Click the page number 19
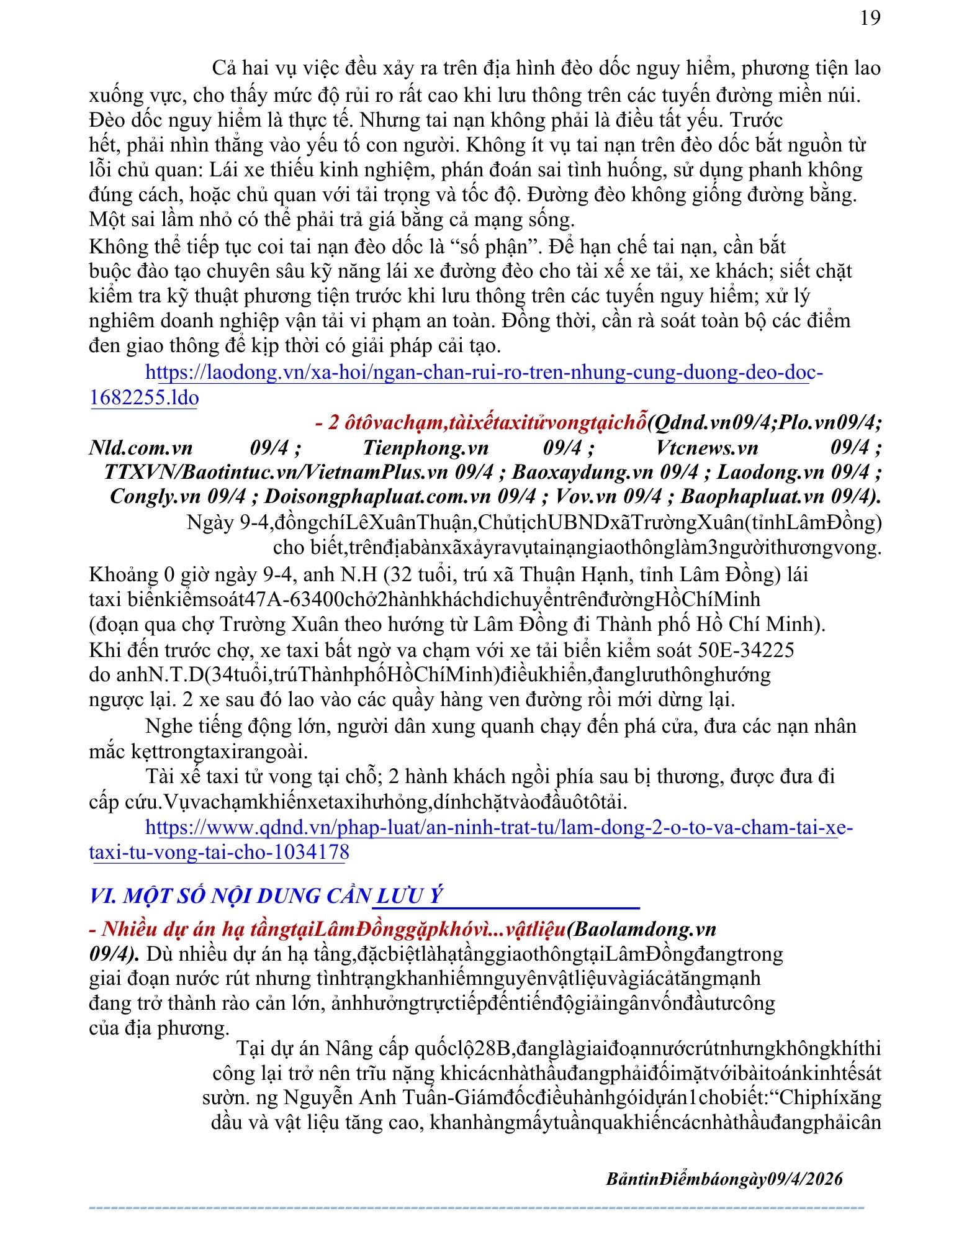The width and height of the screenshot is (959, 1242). click(x=870, y=18)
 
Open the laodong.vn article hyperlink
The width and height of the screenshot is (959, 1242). click(x=484, y=373)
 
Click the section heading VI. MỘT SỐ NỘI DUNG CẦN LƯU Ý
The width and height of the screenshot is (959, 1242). click(x=266, y=896)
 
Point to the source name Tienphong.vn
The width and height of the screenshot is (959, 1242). click(x=425, y=448)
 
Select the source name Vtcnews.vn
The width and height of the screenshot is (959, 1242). click(x=706, y=448)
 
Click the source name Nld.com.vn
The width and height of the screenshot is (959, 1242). click(x=141, y=448)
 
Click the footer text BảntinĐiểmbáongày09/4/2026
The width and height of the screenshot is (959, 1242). click(x=724, y=1179)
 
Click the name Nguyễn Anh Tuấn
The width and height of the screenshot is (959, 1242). click(x=348, y=1097)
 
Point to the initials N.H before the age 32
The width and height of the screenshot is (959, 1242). click(x=359, y=574)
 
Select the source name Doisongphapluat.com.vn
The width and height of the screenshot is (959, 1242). click(x=374, y=496)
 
